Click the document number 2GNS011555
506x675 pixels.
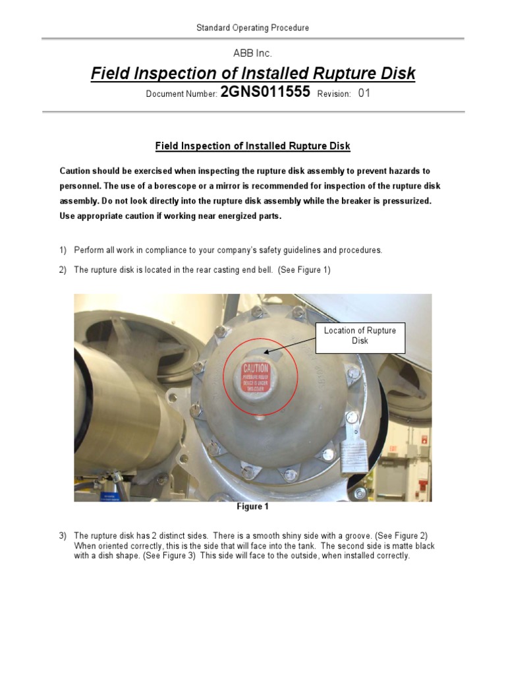pos(265,93)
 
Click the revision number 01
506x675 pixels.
pos(364,94)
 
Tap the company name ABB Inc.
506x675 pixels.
pos(253,53)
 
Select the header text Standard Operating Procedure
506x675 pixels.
pos(253,28)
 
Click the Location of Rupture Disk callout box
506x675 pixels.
pos(360,336)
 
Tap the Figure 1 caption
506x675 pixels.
pos(253,507)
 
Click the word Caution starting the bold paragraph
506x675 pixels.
pos(76,171)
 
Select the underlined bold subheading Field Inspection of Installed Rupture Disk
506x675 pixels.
pos(253,146)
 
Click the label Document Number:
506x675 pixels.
pos(181,94)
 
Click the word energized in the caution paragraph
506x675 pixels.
pos(221,216)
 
